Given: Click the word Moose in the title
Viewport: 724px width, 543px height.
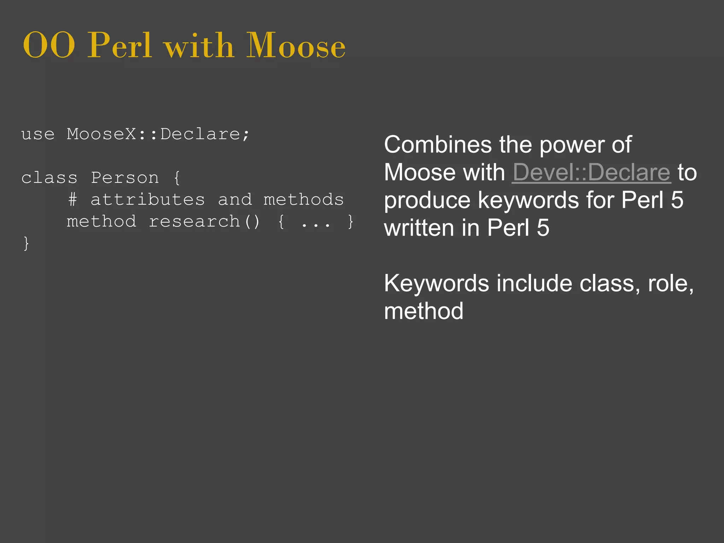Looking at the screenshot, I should (296, 46).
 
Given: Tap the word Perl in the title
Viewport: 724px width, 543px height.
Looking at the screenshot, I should (119, 46).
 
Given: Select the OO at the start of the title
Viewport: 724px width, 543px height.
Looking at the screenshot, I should (49, 46).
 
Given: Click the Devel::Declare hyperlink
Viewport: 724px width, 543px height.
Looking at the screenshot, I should (591, 173).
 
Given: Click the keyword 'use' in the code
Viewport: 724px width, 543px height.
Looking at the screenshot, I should (38, 134).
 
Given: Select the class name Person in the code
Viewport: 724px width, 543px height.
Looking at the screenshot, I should (125, 178).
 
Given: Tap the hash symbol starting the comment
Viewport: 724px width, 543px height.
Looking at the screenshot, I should (72, 200).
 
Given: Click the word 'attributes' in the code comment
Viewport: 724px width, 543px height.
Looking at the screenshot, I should (148, 200).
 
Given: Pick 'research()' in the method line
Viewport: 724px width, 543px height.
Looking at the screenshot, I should (204, 222).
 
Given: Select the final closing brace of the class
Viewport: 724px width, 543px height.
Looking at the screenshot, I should (26, 244).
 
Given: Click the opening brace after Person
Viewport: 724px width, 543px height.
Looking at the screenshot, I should (177, 178).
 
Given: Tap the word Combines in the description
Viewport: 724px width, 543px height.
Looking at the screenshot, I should (438, 145).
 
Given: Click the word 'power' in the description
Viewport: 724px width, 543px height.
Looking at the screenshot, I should (572, 145).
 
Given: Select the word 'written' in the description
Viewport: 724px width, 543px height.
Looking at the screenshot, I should (419, 228).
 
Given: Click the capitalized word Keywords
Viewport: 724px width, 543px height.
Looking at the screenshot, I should (436, 284).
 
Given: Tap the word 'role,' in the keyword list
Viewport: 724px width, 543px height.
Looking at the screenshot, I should (671, 284).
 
